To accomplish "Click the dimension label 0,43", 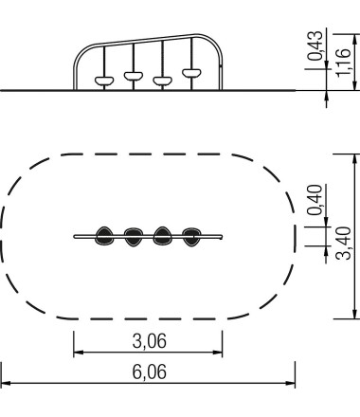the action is pos(315,45).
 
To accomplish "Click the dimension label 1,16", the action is pos(343,62).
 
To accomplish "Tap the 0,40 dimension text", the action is pos(315,200).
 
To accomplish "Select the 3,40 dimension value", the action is pos(343,244).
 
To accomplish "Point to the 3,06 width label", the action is pos(149,341).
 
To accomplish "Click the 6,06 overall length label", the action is pos(149,372).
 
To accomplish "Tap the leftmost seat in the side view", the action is pos(104,81).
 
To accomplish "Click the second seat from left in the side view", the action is pos(134,76).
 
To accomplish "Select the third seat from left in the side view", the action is pos(162,81).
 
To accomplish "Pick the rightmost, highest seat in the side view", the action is pos(191,73).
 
